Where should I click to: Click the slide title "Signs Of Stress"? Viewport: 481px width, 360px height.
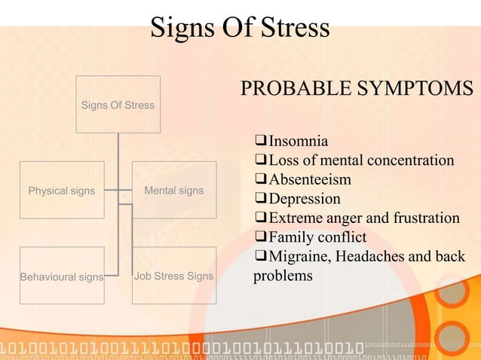click(240, 28)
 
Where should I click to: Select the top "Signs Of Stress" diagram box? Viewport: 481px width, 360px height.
click(118, 105)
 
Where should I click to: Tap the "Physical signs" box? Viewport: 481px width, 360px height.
click(62, 191)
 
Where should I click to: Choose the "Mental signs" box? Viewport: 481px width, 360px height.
click(174, 191)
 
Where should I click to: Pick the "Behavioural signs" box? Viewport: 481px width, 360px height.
click(62, 276)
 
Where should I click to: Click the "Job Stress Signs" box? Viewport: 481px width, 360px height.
click(174, 276)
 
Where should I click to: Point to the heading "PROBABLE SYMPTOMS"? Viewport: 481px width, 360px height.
click(357, 88)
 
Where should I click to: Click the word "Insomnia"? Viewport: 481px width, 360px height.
click(299, 141)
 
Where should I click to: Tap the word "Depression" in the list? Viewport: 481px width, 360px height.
click(305, 200)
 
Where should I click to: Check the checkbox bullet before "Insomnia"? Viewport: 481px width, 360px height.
click(261, 141)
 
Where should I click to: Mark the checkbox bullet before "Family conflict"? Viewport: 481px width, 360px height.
click(261, 238)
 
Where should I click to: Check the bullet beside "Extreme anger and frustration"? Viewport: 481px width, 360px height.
click(261, 218)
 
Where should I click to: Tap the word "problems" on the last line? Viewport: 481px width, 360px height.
click(283, 276)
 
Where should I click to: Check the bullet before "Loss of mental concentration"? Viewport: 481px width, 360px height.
click(261, 160)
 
